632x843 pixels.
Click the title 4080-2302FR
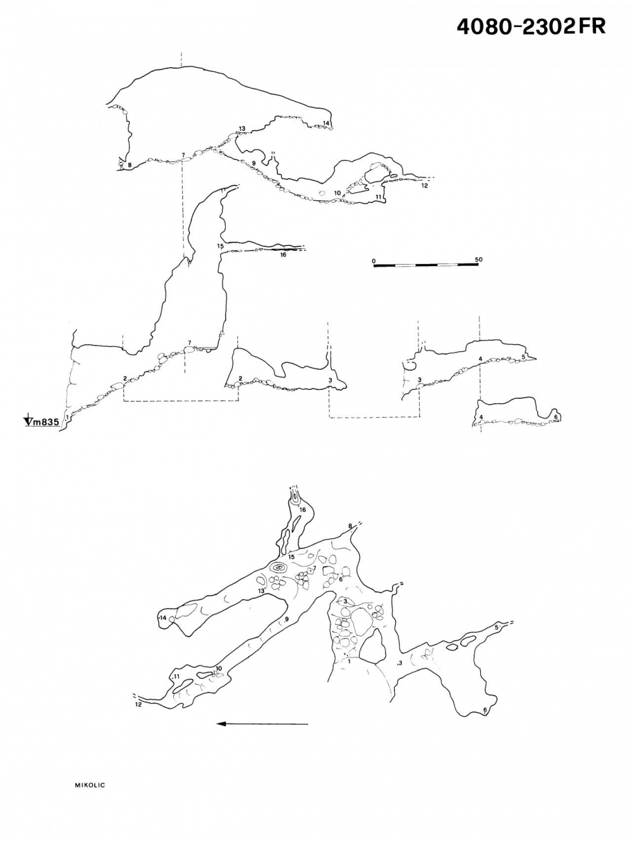pos(531,27)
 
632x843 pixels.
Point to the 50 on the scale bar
pos(478,260)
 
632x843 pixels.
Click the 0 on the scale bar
pos(374,261)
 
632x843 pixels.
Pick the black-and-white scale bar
pos(426,265)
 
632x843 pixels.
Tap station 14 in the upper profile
pos(326,123)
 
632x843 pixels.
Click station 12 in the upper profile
pos(424,186)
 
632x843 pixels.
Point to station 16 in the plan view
pos(303,509)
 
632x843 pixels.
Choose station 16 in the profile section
pos(283,254)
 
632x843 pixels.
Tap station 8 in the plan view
pos(349,526)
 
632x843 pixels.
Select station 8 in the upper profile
pos(130,165)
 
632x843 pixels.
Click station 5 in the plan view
pos(496,627)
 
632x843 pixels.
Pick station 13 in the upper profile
pos(242,128)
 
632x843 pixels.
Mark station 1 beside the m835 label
pos(67,416)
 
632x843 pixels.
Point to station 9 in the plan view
pos(286,619)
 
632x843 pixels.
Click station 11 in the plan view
pos(176,676)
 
